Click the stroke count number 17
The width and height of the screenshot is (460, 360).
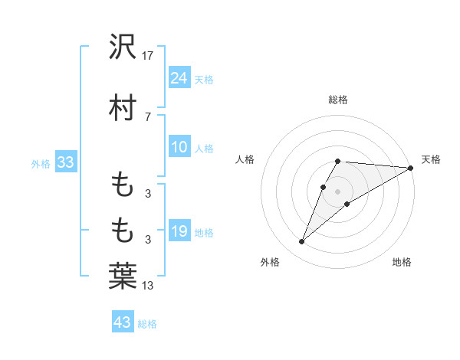[x=148, y=56]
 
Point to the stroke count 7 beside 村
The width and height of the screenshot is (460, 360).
[x=147, y=117]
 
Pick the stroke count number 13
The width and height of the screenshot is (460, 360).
[x=148, y=286]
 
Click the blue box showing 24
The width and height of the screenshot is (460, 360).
[x=179, y=78]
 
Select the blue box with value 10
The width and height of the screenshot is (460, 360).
[x=179, y=148]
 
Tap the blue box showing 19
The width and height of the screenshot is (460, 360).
[x=179, y=231]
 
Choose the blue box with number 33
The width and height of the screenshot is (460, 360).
[x=65, y=162]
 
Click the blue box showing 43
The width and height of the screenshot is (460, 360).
[x=123, y=322]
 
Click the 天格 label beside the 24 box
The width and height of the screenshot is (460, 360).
[x=204, y=79]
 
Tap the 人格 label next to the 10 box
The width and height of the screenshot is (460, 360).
[x=204, y=149]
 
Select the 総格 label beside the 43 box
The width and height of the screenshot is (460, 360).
[x=147, y=323]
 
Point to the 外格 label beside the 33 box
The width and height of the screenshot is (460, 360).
[x=41, y=163]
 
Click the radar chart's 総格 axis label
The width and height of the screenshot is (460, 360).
[x=338, y=100]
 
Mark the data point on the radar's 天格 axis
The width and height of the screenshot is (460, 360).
[x=410, y=168]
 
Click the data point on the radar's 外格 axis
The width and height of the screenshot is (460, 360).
[x=301, y=242]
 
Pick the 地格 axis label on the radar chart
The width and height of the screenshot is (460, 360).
[x=402, y=263]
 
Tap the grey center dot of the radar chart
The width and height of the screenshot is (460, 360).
[x=338, y=191]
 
